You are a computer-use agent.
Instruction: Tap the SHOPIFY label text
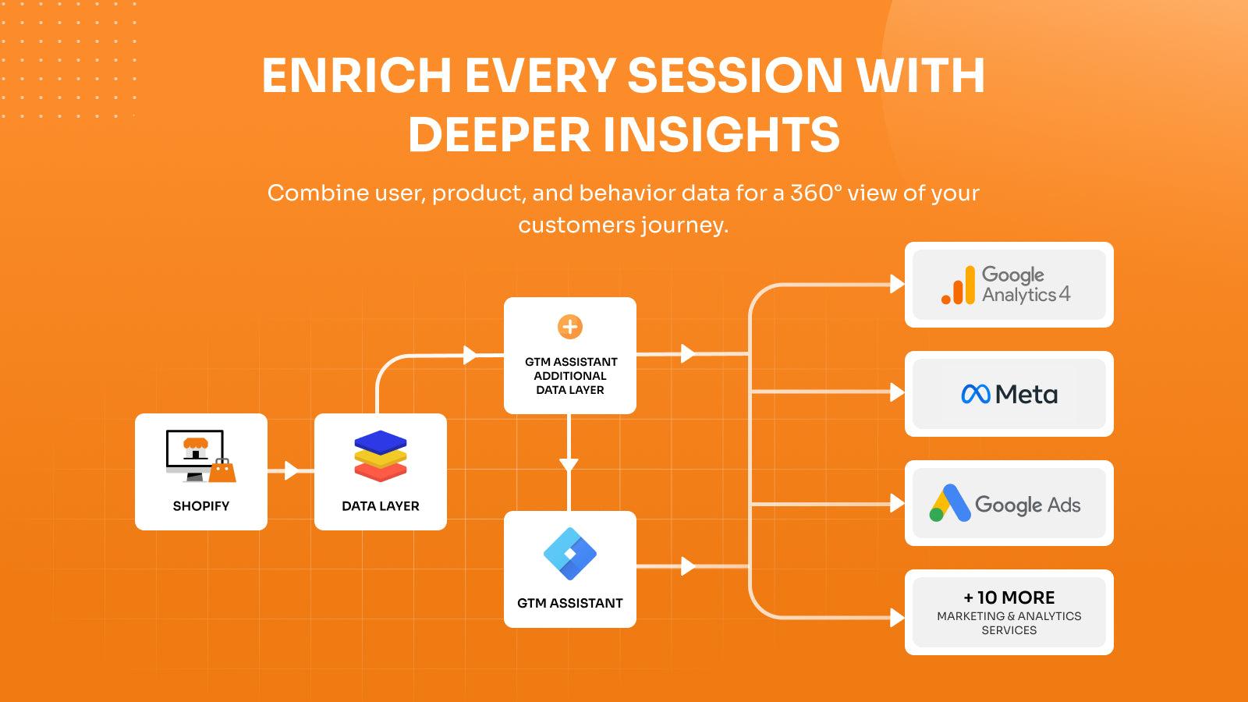click(201, 506)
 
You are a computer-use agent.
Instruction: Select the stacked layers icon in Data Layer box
click(381, 456)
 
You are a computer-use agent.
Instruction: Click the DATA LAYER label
click(381, 506)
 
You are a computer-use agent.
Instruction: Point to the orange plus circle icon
click(570, 327)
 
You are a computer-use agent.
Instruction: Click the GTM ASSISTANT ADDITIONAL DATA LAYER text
click(570, 376)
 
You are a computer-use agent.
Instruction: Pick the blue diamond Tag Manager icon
click(570, 554)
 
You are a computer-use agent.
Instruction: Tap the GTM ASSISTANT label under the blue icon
click(570, 603)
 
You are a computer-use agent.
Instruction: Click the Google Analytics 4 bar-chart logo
click(958, 285)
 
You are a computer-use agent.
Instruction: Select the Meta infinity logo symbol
click(976, 395)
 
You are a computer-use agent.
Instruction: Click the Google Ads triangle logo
click(949, 503)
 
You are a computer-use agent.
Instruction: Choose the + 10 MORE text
click(1009, 597)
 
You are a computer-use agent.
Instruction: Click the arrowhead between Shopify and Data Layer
click(292, 470)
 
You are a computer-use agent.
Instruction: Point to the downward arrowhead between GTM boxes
click(569, 465)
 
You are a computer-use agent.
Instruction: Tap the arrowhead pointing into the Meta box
click(897, 392)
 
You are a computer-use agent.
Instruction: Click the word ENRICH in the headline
click(356, 76)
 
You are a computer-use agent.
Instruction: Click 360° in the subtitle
click(814, 193)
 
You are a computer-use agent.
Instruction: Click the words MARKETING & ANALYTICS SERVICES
click(1009, 623)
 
